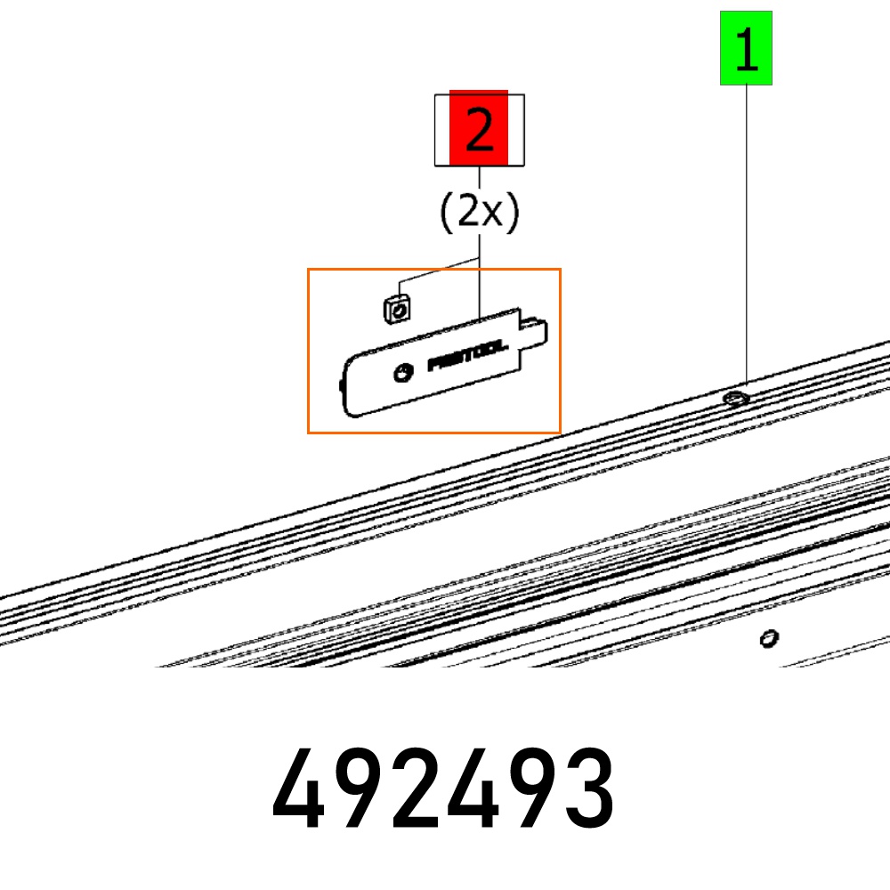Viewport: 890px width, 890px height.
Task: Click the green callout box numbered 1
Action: (746, 48)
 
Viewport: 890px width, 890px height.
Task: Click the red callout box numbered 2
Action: (479, 128)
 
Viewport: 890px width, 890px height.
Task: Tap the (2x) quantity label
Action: (480, 212)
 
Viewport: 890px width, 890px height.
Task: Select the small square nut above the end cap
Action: (397, 310)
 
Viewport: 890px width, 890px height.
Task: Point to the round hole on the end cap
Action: (403, 373)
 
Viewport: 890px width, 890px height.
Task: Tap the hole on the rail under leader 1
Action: (736, 399)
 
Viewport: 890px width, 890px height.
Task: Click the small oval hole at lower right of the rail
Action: (769, 638)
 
